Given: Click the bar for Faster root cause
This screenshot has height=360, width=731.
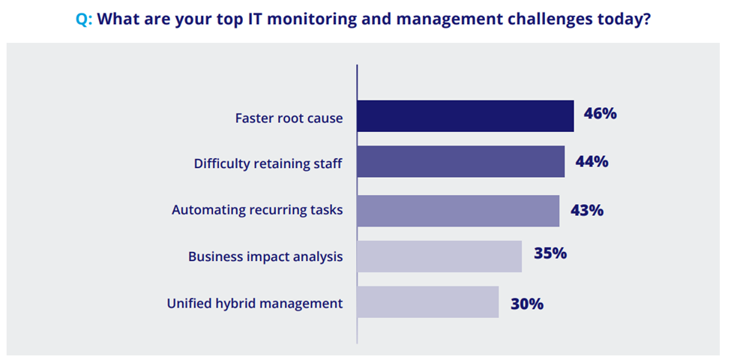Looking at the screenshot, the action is [466, 116].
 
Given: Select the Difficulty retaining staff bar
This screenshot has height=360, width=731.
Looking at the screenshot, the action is [461, 161].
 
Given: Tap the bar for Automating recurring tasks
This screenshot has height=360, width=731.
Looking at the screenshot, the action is [458, 211].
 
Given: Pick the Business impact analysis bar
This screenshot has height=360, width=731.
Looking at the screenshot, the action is [439, 256].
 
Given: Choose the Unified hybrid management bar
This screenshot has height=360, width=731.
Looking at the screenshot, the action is [428, 301].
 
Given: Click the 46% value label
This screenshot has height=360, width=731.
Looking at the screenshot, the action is [600, 114].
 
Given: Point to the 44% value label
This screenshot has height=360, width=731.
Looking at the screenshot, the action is [592, 162].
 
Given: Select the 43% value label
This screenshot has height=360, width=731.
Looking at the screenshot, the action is [587, 210].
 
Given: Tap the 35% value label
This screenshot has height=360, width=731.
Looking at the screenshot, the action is [550, 253].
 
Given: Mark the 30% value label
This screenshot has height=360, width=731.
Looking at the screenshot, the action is [527, 304].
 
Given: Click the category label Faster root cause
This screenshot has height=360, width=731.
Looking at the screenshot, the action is [289, 118].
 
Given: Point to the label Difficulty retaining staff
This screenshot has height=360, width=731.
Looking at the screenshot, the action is [268, 163].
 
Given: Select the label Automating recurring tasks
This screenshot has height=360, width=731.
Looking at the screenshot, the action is [257, 210].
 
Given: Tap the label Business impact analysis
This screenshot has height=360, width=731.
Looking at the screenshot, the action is [265, 256].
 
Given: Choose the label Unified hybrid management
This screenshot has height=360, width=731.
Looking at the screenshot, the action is [255, 303].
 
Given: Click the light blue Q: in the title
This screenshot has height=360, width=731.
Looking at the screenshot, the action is [84, 20].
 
